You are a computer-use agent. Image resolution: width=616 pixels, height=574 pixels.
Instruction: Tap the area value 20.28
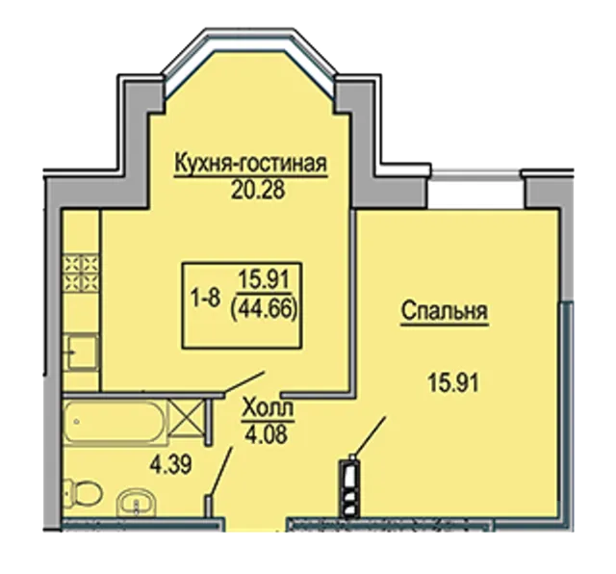click(x=258, y=191)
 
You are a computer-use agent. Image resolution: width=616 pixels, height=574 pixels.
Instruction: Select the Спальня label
click(x=445, y=312)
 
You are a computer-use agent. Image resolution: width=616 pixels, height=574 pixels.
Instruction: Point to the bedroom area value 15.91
click(x=453, y=383)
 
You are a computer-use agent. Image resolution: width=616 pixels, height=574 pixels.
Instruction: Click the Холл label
click(x=268, y=409)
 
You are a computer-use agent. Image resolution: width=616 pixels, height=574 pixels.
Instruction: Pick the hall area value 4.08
click(x=266, y=434)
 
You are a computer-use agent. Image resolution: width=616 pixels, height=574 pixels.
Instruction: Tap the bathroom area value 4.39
click(x=170, y=465)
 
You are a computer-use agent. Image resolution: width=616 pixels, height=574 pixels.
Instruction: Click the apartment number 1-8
click(x=205, y=300)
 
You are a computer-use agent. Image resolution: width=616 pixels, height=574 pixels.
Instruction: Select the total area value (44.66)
click(x=264, y=313)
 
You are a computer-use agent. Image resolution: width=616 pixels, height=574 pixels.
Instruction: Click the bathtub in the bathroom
click(x=115, y=423)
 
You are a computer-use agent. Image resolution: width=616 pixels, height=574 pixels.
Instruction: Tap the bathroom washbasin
click(x=137, y=503)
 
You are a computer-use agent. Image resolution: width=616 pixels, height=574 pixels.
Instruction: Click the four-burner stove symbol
click(x=81, y=274)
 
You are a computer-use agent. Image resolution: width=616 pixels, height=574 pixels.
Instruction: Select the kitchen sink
click(x=81, y=352)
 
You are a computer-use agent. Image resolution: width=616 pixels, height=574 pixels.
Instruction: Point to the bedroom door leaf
click(x=370, y=436)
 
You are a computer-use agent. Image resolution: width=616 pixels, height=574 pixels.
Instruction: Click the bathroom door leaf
click(x=220, y=472)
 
